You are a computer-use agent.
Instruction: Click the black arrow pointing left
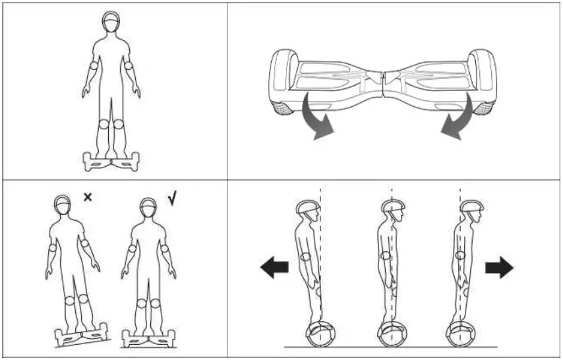pyautogui.click(x=274, y=267)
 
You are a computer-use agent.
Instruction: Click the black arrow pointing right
pyautogui.click(x=499, y=267)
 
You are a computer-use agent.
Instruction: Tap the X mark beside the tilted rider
pyautogui.click(x=88, y=196)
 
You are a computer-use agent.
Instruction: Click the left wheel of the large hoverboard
pyautogui.click(x=281, y=82)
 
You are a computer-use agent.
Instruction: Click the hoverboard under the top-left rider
pyautogui.click(x=110, y=160)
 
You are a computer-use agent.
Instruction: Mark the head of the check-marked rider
pyautogui.click(x=148, y=210)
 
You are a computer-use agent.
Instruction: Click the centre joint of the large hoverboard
pyautogui.click(x=382, y=82)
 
